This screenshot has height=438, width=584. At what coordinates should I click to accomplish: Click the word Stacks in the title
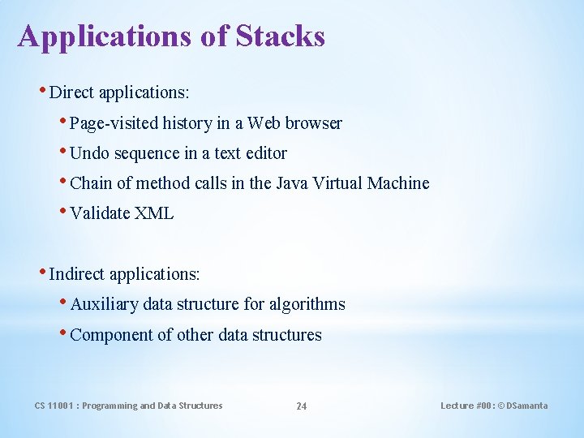281,36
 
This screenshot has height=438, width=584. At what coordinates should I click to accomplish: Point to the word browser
314,123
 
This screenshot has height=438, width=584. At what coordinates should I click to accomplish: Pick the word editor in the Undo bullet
266,153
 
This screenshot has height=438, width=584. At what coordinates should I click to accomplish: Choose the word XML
154,213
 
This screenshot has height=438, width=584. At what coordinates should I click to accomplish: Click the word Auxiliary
104,305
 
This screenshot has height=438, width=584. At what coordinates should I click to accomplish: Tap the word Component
109,335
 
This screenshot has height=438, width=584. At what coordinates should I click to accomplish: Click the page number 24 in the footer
301,406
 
